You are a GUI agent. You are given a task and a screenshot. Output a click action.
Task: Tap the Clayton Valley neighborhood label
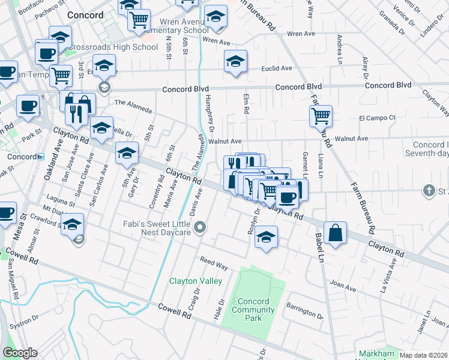pyautogui.click(x=196, y=281)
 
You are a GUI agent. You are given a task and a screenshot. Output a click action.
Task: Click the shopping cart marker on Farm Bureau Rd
pyautogui.click(x=321, y=115)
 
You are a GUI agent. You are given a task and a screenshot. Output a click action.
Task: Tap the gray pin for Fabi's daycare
pyautogui.click(x=201, y=227)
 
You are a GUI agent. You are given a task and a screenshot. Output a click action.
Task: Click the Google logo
pyautogui.click(x=20, y=353)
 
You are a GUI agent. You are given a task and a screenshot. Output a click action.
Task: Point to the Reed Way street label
pyautogui.click(x=214, y=265)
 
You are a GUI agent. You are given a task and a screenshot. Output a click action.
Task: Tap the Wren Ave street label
pyautogui.click(x=217, y=41)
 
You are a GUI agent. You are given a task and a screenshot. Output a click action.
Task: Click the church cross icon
pyautogui.click(x=429, y=191)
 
